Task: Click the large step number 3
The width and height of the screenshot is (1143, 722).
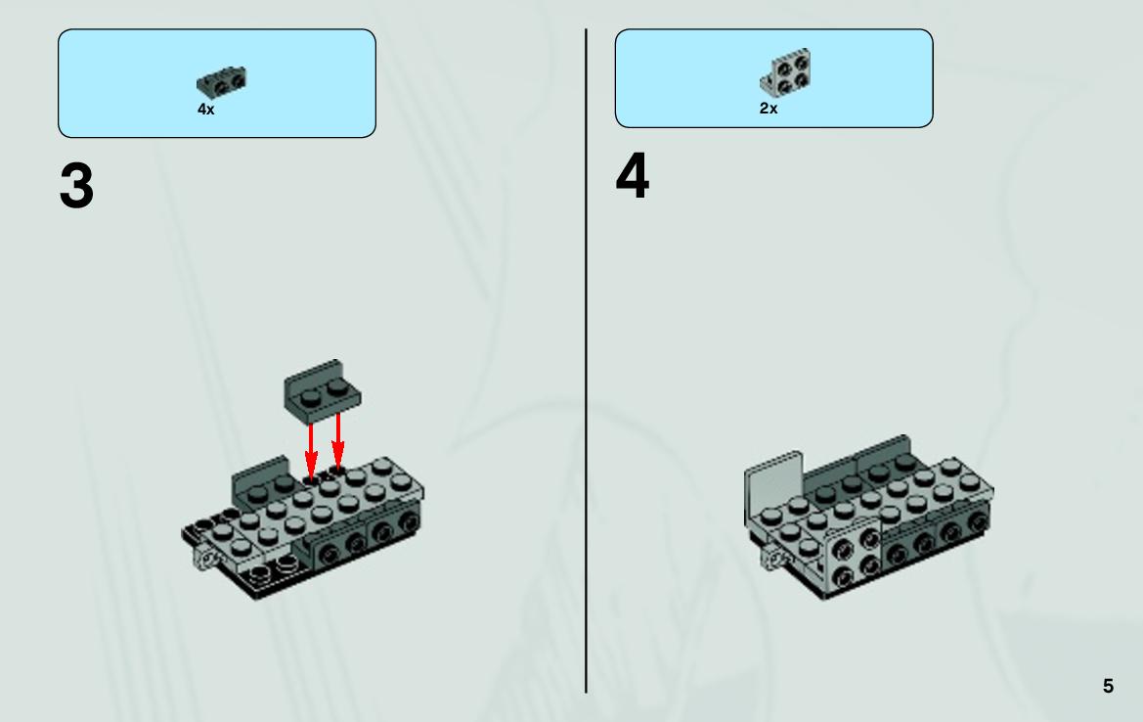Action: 76,185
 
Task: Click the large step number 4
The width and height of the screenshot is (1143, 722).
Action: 632,176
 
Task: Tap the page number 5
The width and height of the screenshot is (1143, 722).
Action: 1108,686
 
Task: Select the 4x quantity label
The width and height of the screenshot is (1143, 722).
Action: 205,110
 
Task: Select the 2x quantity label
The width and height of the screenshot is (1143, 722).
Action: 769,108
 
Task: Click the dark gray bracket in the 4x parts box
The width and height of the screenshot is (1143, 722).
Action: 221,82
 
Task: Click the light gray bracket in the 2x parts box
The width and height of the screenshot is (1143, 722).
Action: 786,72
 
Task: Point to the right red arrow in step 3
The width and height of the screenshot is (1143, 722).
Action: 337,440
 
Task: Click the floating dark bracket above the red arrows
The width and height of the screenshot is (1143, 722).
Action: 322,391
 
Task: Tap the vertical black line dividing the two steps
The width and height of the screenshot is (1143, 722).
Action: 586,361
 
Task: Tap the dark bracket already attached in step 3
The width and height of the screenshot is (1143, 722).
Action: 260,481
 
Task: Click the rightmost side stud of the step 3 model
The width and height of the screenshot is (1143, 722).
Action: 409,522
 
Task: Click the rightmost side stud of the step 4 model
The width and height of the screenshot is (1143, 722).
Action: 978,522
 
